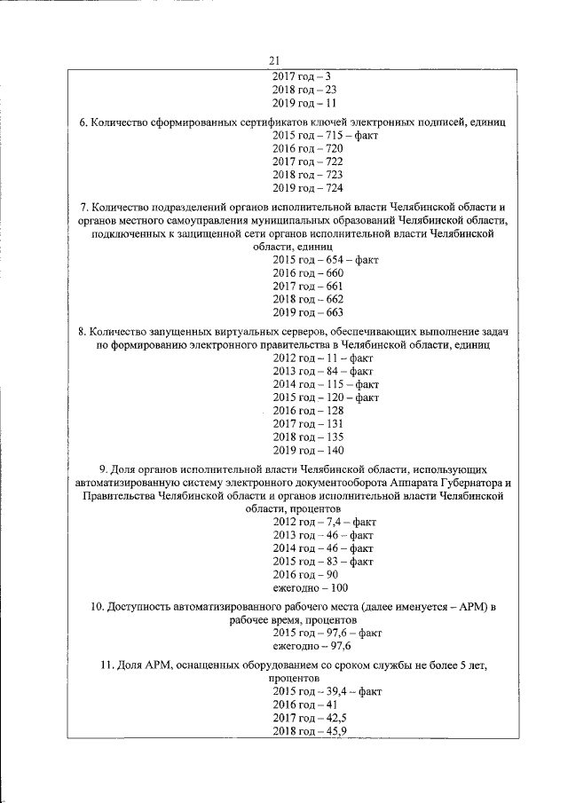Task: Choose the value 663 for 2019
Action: [333, 313]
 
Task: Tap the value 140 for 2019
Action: [333, 452]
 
